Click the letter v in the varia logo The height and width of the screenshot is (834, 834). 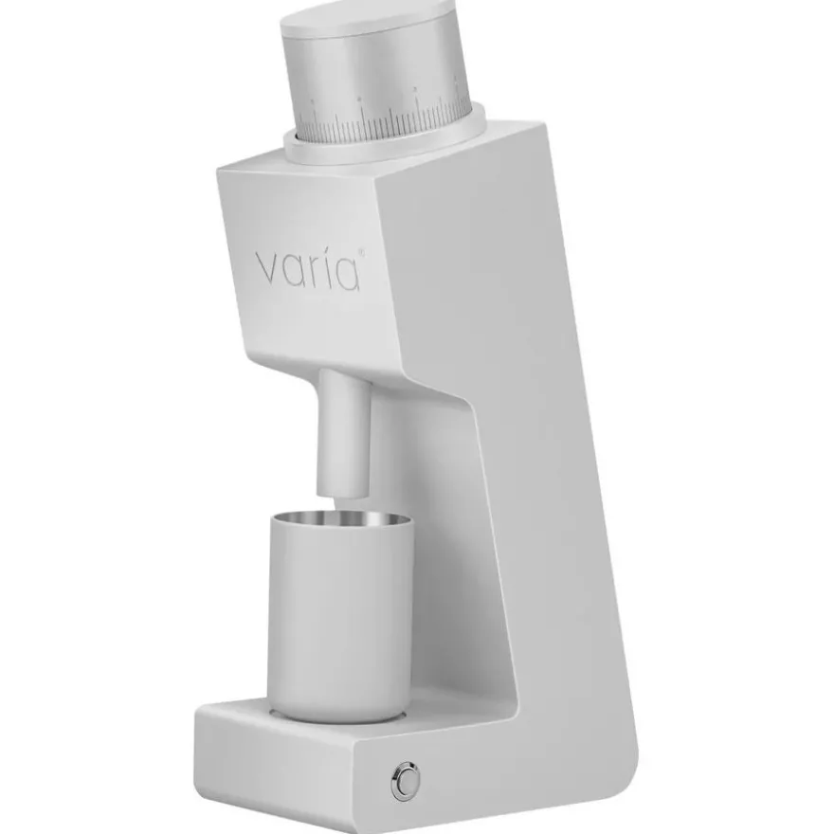coord(268,269)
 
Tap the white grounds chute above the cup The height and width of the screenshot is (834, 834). coord(344,432)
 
